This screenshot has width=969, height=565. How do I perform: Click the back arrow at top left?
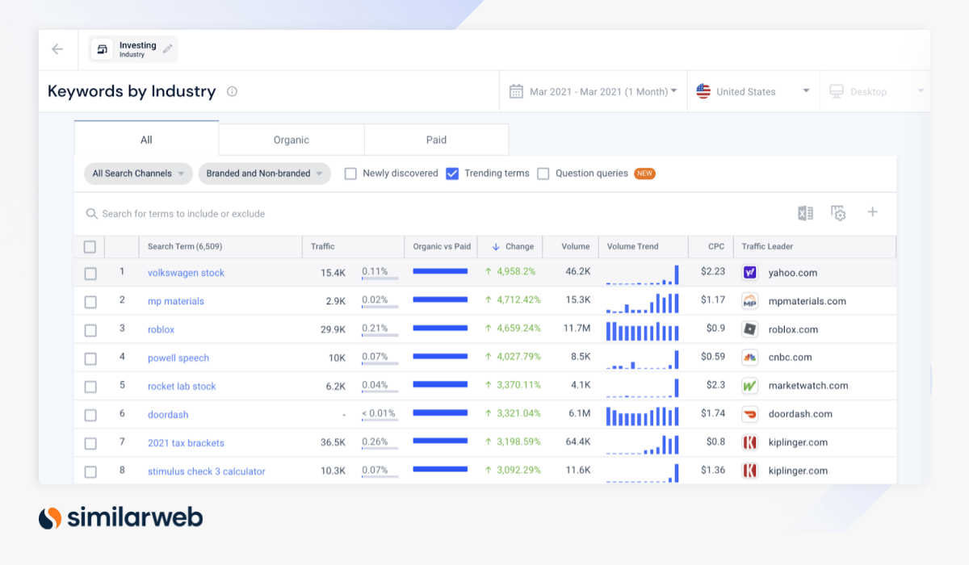(57, 49)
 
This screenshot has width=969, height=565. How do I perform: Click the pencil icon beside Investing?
(168, 49)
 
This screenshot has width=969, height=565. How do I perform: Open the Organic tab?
(291, 140)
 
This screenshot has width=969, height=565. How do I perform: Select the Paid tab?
(436, 140)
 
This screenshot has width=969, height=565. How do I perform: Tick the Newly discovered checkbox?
(350, 174)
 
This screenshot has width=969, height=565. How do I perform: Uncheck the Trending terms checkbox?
(452, 174)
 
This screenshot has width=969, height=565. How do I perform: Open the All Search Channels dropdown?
(138, 174)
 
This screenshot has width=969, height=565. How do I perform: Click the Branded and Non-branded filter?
(264, 174)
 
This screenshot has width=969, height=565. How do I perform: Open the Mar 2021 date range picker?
(594, 92)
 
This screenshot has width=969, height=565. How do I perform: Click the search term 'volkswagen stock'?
(186, 273)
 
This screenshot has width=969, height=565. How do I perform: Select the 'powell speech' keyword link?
(178, 358)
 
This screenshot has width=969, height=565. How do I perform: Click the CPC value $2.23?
(712, 272)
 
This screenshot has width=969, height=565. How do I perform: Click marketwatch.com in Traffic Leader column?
(807, 386)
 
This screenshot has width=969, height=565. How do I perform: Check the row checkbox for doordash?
(90, 415)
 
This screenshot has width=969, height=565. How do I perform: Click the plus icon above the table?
(872, 212)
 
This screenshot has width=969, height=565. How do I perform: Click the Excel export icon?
(805, 213)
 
